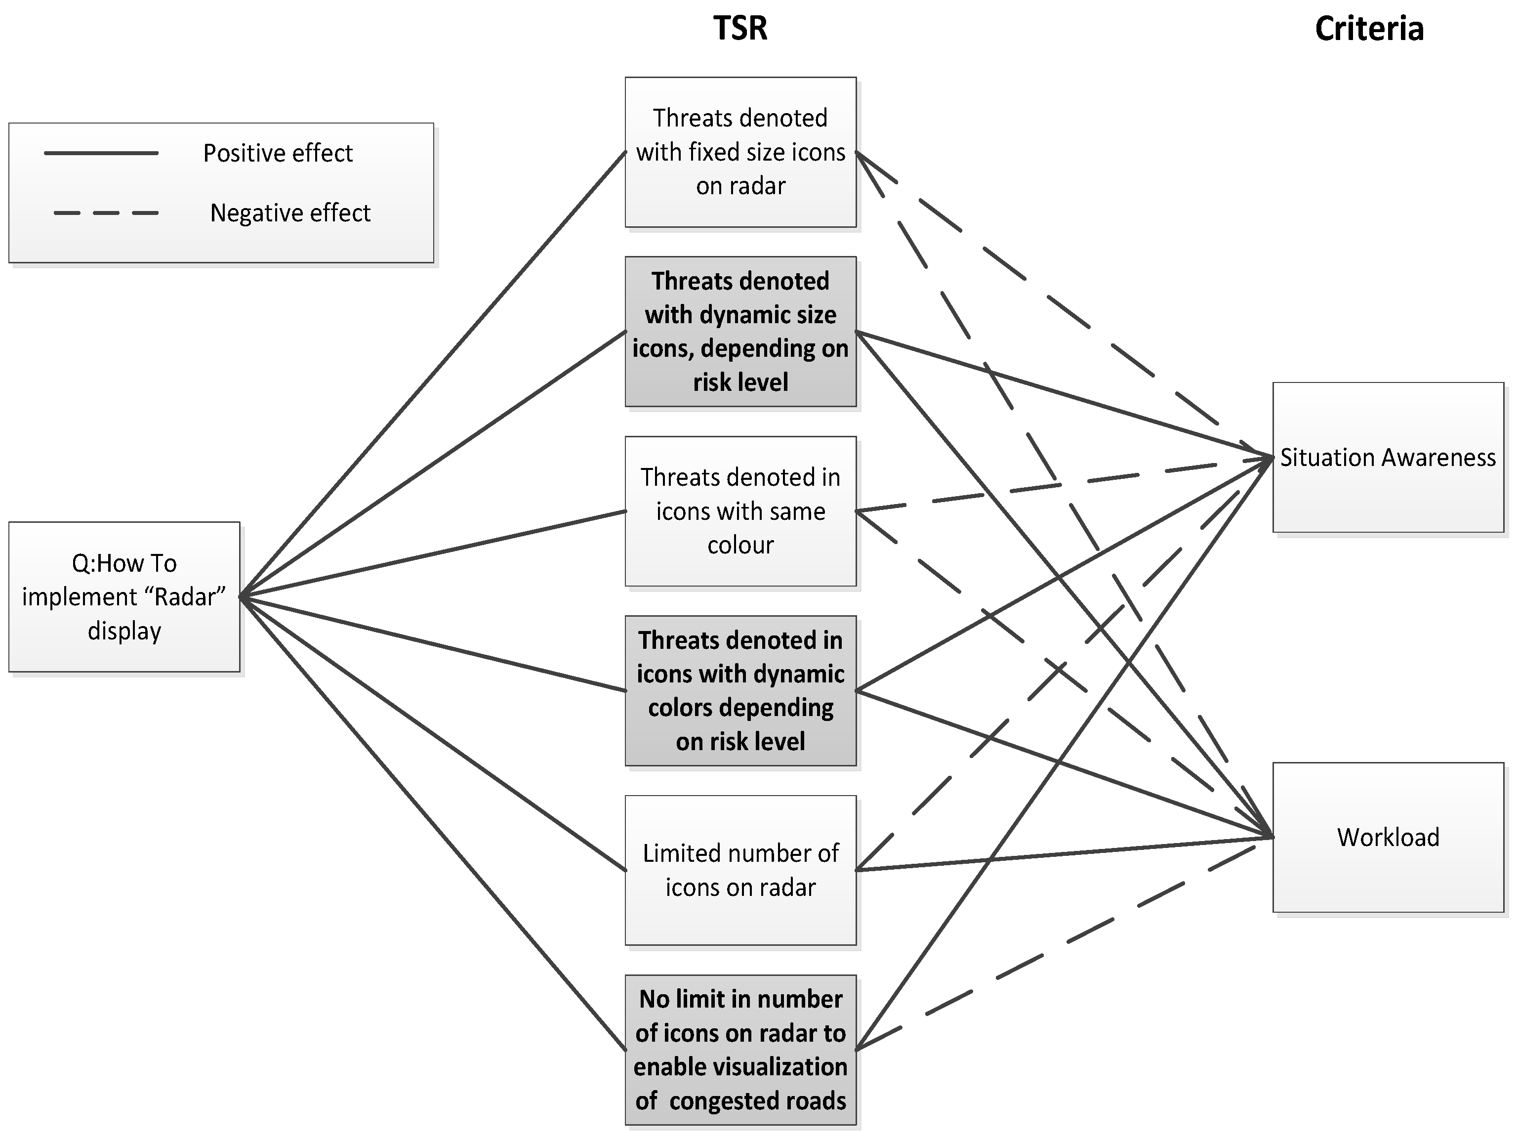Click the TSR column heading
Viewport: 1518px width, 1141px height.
[x=740, y=29]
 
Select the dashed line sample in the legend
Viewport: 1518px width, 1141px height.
[x=106, y=213]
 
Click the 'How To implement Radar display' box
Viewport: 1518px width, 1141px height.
[x=124, y=596]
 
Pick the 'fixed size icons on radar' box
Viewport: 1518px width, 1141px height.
[x=740, y=152]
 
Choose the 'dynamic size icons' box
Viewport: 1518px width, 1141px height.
[x=740, y=332]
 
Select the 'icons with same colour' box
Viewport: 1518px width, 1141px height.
[x=740, y=511]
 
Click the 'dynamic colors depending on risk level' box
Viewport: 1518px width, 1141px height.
[x=740, y=691]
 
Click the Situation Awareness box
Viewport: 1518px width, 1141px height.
[x=1388, y=457]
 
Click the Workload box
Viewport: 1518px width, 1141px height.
[x=1388, y=837]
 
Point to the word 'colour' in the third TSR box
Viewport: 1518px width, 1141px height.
[x=740, y=545]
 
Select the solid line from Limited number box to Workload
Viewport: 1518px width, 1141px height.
[x=1064, y=854]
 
